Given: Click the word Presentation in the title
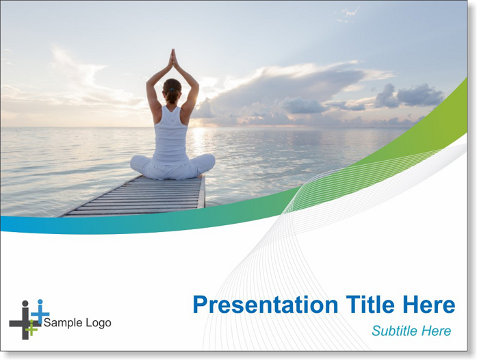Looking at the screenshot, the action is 266,305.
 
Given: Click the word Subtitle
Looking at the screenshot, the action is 395,331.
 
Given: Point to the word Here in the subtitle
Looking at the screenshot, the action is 436,331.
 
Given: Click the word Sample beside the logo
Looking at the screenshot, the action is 63,323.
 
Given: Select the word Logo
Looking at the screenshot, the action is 99,323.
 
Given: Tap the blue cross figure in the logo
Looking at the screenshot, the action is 40,311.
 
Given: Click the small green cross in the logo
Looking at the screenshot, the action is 31,328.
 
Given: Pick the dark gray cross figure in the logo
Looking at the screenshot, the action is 25,321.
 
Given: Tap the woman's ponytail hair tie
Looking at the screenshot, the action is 172,90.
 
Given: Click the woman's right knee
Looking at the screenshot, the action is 209,162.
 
